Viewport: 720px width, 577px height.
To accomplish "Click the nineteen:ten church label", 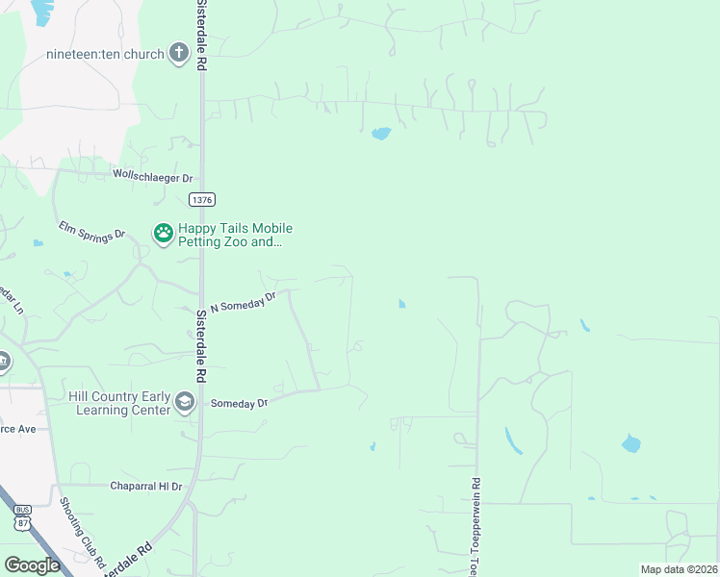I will (106, 54).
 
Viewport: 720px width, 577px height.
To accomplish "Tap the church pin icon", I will (178, 53).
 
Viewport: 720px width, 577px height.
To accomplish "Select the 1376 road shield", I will (202, 199).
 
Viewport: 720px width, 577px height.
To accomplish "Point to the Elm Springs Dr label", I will (92, 234).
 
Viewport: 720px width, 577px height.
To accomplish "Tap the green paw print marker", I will (163, 233).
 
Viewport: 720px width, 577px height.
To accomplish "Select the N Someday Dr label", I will (243, 301).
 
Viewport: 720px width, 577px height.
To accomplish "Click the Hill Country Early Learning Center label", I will (119, 403).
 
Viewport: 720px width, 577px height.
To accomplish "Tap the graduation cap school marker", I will (185, 402).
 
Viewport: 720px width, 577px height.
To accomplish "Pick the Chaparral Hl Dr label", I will (145, 487).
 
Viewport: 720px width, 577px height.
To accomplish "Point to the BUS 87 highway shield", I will (23, 517).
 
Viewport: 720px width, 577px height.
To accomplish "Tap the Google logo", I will (32, 564).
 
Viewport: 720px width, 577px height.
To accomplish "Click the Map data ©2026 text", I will (679, 569).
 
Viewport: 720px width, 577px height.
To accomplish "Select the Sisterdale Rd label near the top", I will (202, 34).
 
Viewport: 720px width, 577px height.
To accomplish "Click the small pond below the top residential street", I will (381, 134).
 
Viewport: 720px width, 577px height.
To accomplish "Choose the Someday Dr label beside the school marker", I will (239, 403).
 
